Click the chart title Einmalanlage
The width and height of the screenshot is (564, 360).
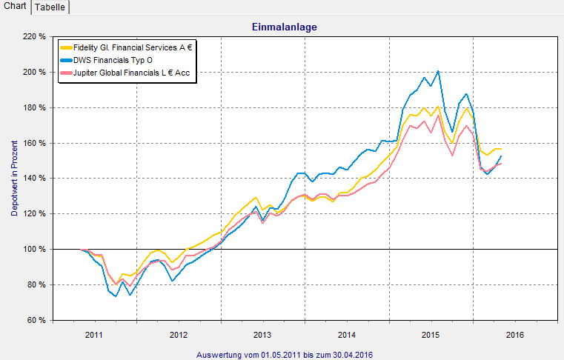[285, 27]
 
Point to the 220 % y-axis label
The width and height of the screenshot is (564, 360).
[34, 36]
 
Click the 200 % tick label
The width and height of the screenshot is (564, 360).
[34, 72]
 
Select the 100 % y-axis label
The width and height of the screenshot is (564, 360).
[34, 249]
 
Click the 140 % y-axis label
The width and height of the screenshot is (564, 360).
[34, 179]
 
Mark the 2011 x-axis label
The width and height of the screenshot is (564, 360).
[94, 335]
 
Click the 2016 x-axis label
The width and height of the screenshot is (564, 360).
[516, 335]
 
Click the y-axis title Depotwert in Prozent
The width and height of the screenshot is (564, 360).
[14, 178]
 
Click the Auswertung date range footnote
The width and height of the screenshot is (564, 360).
[285, 355]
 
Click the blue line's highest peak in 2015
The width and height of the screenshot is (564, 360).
[438, 71]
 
